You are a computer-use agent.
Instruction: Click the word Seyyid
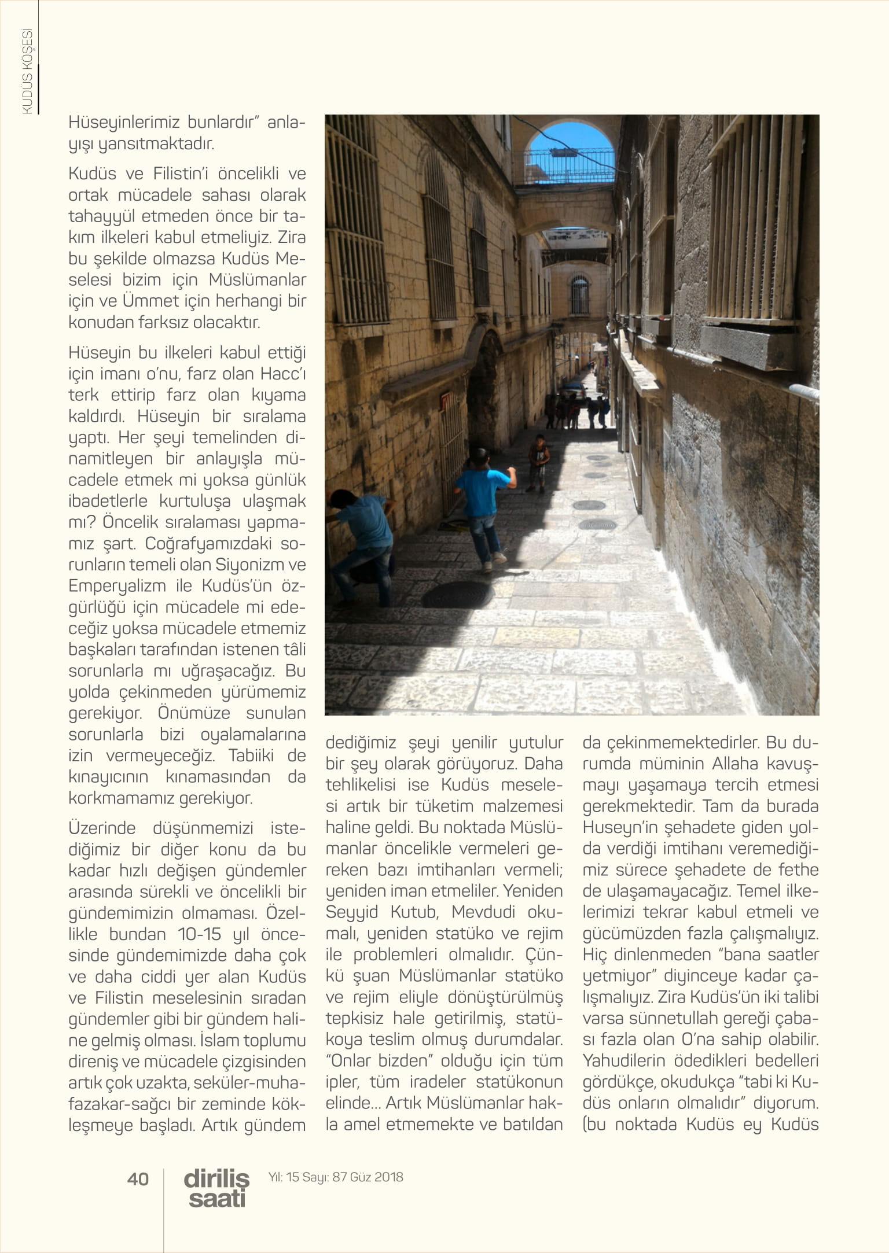pyautogui.click(x=351, y=912)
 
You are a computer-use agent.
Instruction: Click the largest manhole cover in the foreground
pyautogui.click(x=458, y=594)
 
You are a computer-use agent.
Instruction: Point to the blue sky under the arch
pyautogui.click(x=570, y=145)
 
